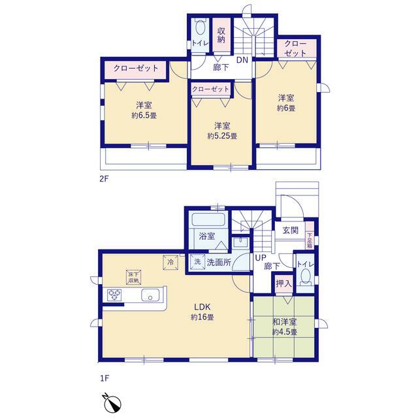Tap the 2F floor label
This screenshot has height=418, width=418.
click(x=104, y=178)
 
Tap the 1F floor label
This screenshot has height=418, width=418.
click(x=104, y=378)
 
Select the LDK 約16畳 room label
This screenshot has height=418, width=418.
click(x=202, y=312)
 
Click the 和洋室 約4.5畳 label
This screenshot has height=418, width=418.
click(x=285, y=327)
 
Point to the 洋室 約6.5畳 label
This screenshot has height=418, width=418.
click(x=144, y=110)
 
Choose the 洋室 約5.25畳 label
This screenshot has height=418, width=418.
click(x=222, y=131)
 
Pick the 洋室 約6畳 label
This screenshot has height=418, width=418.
click(x=286, y=103)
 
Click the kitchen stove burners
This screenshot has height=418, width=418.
click(x=115, y=295)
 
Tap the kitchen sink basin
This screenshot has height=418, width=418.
click(x=150, y=295)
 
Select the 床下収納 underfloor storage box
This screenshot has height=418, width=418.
click(x=133, y=277)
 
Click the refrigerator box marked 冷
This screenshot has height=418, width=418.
click(x=170, y=263)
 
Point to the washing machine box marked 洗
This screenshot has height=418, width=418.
click(x=197, y=262)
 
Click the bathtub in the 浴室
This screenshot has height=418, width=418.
click(x=208, y=219)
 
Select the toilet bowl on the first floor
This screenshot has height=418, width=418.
click(x=305, y=277)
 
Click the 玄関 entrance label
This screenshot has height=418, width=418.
click(x=290, y=230)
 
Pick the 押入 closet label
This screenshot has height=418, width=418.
click(x=283, y=283)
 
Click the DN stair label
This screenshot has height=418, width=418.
click(x=242, y=60)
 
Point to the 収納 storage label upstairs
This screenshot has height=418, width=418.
click(x=221, y=35)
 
